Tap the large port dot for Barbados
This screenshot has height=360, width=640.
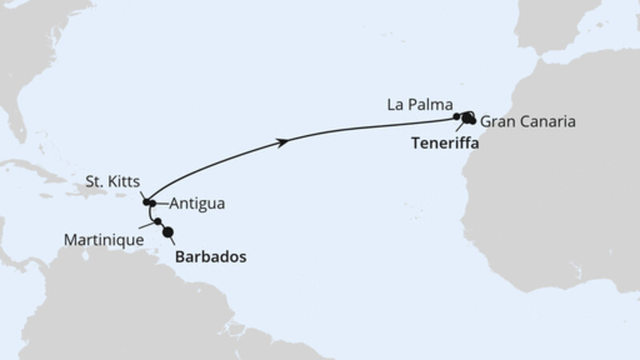point(168,232)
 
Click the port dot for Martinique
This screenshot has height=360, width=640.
point(158,222)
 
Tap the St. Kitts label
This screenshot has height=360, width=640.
point(114,181)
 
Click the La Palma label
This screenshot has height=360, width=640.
point(419,104)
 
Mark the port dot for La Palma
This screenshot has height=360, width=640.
point(457,117)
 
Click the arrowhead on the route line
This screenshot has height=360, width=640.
point(284,142)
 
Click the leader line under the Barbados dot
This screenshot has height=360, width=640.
point(173,241)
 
